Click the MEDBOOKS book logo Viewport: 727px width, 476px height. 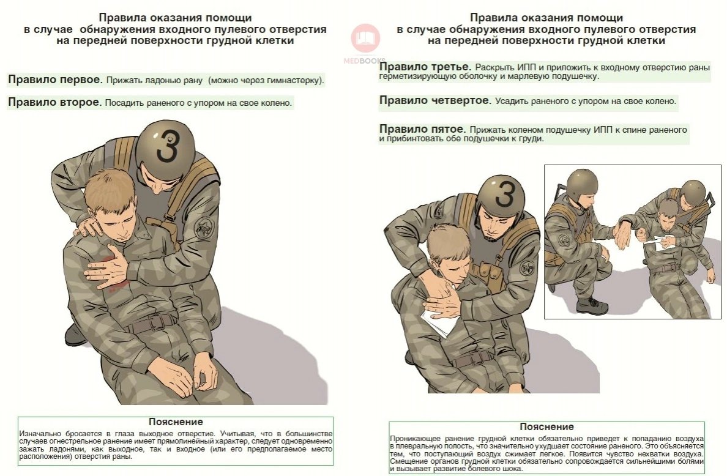pos(365,38)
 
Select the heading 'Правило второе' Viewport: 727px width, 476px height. pos(54,102)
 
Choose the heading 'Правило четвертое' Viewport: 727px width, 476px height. pos(435,100)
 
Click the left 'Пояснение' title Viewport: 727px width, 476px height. pos(176,422)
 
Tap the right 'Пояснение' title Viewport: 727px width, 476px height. pos(546,426)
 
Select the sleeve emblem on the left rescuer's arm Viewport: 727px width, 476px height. pos(204,228)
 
